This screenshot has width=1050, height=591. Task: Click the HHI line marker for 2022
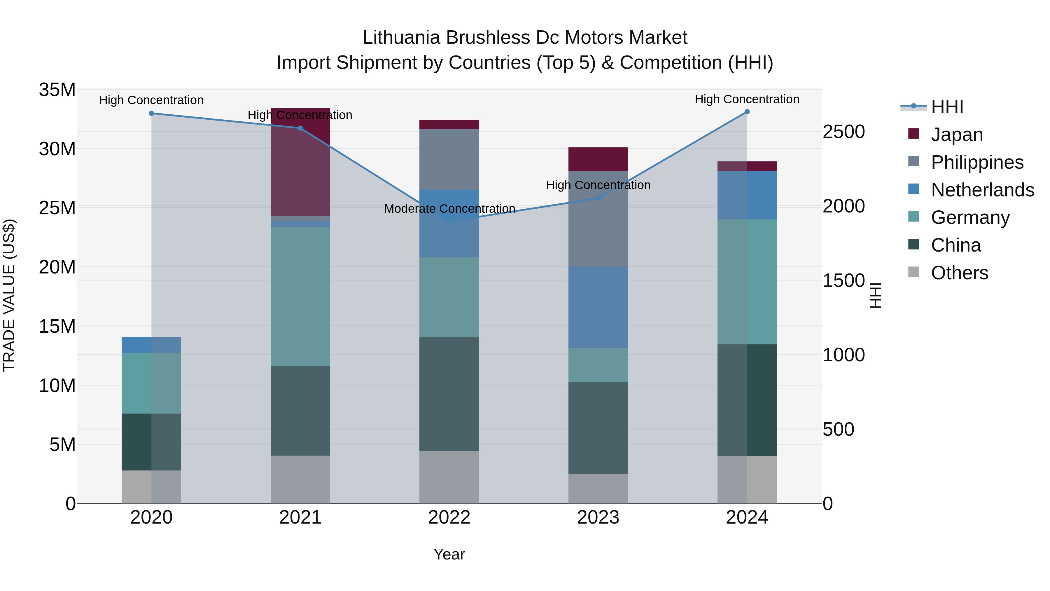[x=449, y=222]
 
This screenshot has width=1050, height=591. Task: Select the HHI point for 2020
[x=151, y=114]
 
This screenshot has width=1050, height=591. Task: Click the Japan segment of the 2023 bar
[x=598, y=159]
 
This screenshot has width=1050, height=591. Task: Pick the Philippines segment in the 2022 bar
[x=449, y=159]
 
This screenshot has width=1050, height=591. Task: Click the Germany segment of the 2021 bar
[x=300, y=297]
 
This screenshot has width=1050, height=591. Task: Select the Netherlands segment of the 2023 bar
[x=598, y=307]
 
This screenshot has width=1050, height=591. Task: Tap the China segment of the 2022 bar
[x=449, y=394]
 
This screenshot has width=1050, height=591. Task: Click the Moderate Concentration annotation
[x=449, y=209]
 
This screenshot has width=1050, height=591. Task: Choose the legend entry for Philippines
[x=977, y=162]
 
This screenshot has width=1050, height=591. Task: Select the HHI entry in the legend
[x=947, y=107]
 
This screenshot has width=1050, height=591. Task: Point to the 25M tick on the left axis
[x=57, y=208]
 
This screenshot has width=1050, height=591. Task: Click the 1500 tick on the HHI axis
[x=843, y=280]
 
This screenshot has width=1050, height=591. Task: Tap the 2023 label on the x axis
[x=598, y=517]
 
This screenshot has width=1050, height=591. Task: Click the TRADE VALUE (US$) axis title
[x=9, y=295]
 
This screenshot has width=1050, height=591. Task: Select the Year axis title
[x=449, y=554]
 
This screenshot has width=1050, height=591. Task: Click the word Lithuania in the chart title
[x=401, y=38]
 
